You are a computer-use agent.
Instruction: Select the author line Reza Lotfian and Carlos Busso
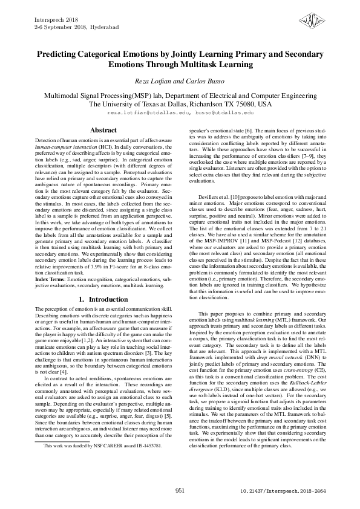pos(180,82)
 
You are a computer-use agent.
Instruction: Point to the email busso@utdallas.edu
pos(224,113)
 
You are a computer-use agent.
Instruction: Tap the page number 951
pos(180,491)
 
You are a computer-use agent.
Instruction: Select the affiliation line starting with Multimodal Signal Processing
pos(180,96)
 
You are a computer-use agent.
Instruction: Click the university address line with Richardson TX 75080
pos(180,104)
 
